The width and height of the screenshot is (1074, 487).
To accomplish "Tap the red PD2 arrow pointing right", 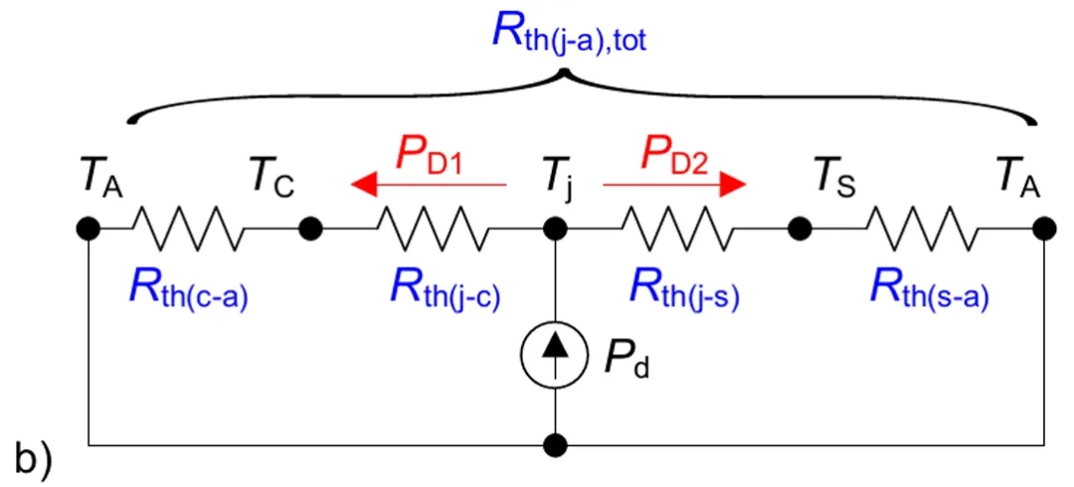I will (674, 184).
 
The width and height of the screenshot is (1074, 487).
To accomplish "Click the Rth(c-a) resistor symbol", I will (188, 230).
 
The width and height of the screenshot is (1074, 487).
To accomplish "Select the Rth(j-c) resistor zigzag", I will (434, 230).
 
